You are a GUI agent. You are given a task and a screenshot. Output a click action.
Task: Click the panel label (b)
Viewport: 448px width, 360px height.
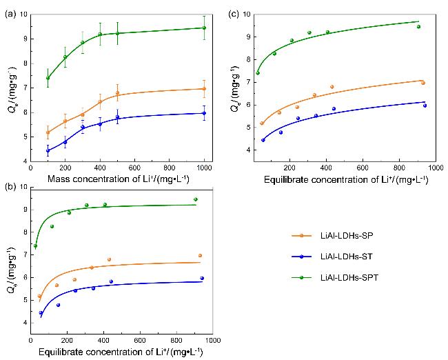click(9, 187)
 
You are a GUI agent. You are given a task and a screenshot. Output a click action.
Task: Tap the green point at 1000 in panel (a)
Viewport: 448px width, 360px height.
click(204, 28)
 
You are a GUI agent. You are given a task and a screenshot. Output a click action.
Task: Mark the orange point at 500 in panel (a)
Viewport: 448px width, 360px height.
click(117, 93)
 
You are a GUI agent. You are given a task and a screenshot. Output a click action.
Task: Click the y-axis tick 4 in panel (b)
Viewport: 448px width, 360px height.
click(26, 322)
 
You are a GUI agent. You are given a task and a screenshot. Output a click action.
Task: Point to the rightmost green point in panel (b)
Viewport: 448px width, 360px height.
click(196, 199)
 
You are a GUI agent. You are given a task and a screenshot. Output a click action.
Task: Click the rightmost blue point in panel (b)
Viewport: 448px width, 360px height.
click(202, 278)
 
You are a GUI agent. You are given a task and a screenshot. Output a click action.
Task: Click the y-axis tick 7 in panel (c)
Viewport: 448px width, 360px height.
click(248, 82)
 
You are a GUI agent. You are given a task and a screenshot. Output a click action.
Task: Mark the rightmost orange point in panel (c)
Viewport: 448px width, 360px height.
click(422, 83)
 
